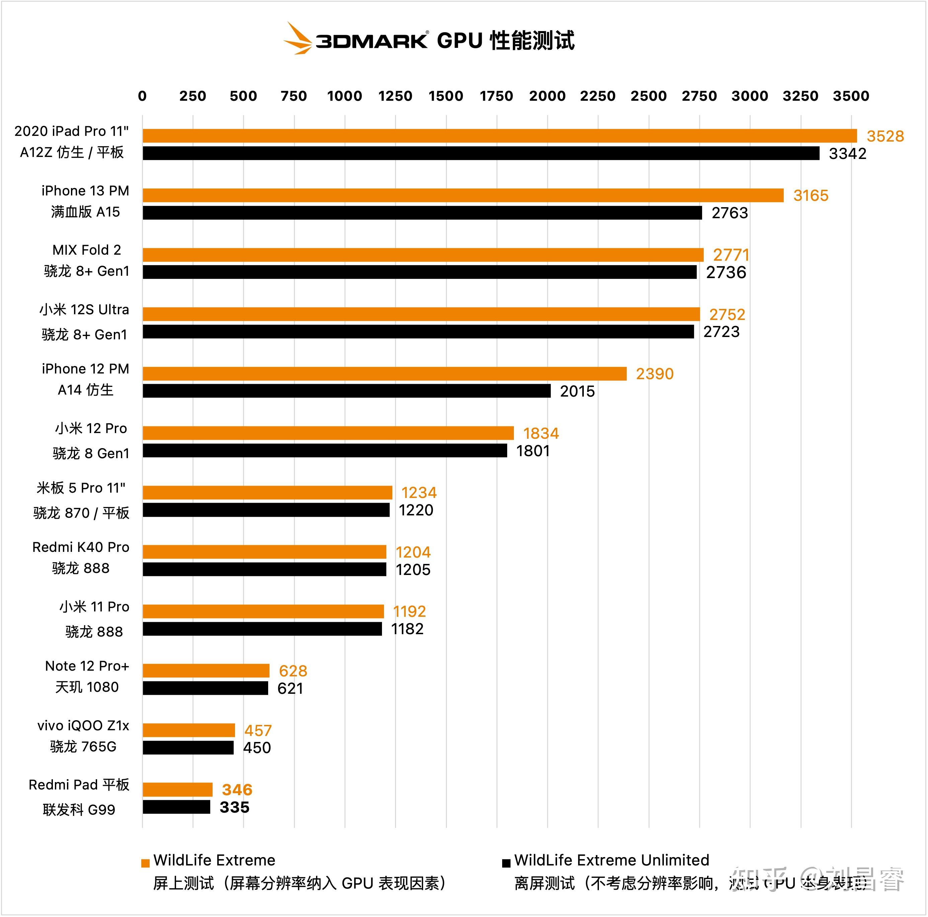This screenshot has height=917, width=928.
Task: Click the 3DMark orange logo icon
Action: [x=297, y=38]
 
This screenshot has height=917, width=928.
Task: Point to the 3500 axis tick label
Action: [x=851, y=96]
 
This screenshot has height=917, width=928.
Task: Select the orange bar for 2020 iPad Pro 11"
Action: [x=499, y=136]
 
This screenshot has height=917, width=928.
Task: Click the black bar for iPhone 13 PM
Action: [x=422, y=213]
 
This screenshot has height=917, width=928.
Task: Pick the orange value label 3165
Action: [x=811, y=195]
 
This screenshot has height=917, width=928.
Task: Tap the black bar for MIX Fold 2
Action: [x=419, y=272]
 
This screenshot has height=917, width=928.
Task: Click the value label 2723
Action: [x=721, y=332]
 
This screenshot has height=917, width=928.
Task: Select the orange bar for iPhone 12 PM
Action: [x=384, y=373]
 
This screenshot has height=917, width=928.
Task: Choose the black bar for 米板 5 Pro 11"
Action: [x=266, y=510]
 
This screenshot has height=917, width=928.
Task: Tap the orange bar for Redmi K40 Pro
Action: [x=264, y=552]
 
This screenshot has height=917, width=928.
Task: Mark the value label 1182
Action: [x=407, y=629]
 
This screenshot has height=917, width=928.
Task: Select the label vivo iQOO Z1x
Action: [x=83, y=726]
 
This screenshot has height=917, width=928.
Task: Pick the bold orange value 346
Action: [x=237, y=790]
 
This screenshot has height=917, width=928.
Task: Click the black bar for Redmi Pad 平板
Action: [x=176, y=807]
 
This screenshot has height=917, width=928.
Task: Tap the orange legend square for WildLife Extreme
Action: [x=145, y=863]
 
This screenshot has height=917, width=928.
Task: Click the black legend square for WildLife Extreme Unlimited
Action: [x=506, y=863]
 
